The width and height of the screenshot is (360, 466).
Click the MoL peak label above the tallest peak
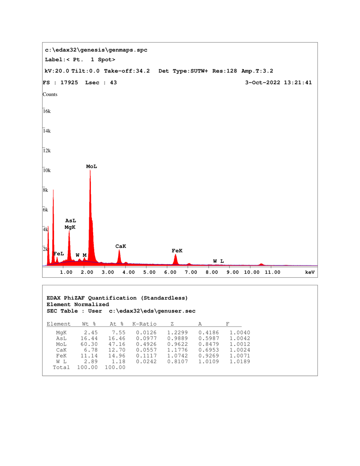pos(91,167)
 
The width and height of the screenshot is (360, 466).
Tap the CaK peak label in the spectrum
pos(121,246)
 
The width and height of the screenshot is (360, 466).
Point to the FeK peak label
pos(177,251)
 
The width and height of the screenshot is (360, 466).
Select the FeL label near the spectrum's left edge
pos(59,254)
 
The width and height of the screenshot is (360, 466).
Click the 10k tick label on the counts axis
pos(47,170)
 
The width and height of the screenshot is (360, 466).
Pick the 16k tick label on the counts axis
pos(47,111)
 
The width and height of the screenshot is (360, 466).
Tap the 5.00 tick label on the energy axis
pos(149,273)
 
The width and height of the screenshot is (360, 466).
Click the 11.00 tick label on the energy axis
pos(272,273)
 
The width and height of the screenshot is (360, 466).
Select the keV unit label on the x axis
pos(310,273)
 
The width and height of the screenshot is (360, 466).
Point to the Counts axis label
pos(50,94)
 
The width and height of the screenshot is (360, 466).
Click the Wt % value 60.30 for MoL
pos(89,344)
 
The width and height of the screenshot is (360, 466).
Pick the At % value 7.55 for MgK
pos(119,333)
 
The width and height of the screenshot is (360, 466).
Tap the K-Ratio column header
pos(145,324)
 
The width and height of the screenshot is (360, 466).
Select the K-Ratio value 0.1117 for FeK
pos(146,356)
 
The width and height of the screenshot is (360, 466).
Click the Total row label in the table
pos(61,368)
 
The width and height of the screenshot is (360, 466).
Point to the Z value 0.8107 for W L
pos(177,362)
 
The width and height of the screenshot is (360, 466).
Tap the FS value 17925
pos(69,83)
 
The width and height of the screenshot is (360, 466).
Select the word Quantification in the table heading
pos(112,298)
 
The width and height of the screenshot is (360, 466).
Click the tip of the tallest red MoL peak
pos(90,170)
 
